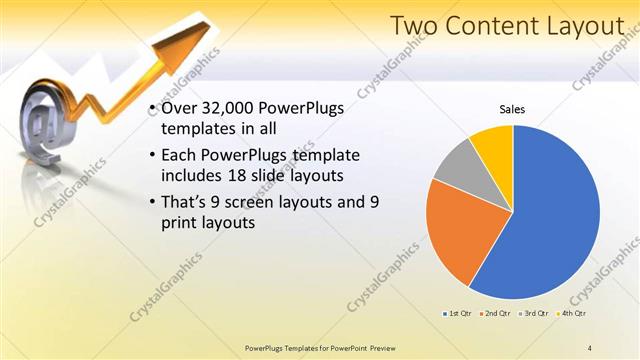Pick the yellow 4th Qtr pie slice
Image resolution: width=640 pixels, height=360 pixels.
click(x=494, y=145)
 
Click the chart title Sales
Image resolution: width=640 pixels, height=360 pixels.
click(x=512, y=109)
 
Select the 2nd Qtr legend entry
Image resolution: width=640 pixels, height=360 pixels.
click(x=495, y=313)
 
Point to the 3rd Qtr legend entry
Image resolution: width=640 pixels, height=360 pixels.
click(x=532, y=313)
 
